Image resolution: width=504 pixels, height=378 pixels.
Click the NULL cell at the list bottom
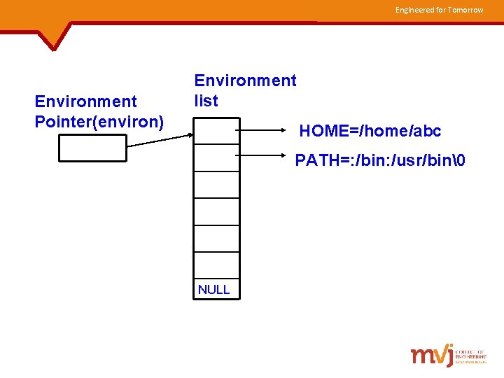[x=216, y=289]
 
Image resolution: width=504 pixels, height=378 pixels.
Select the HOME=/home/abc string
[x=370, y=131]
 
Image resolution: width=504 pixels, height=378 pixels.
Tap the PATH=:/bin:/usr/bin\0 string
[x=380, y=161]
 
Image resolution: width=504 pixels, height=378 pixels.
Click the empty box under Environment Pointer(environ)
[x=93, y=148]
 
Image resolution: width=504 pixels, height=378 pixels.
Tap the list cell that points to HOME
[x=216, y=130]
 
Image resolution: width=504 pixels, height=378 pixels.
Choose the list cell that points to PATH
[x=216, y=157]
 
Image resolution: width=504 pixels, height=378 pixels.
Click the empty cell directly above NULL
[x=216, y=265]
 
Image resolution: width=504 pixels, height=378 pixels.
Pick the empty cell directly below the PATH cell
[x=216, y=184]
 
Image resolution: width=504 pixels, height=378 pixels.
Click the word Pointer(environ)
[x=99, y=122]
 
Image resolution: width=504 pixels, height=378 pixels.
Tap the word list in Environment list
[x=206, y=101]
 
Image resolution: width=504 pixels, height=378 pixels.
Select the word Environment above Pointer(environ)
[x=85, y=102]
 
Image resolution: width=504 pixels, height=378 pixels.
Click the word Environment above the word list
[x=245, y=80]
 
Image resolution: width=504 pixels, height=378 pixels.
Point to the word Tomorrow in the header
[x=465, y=10]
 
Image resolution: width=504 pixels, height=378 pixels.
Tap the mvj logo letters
[x=431, y=355]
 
